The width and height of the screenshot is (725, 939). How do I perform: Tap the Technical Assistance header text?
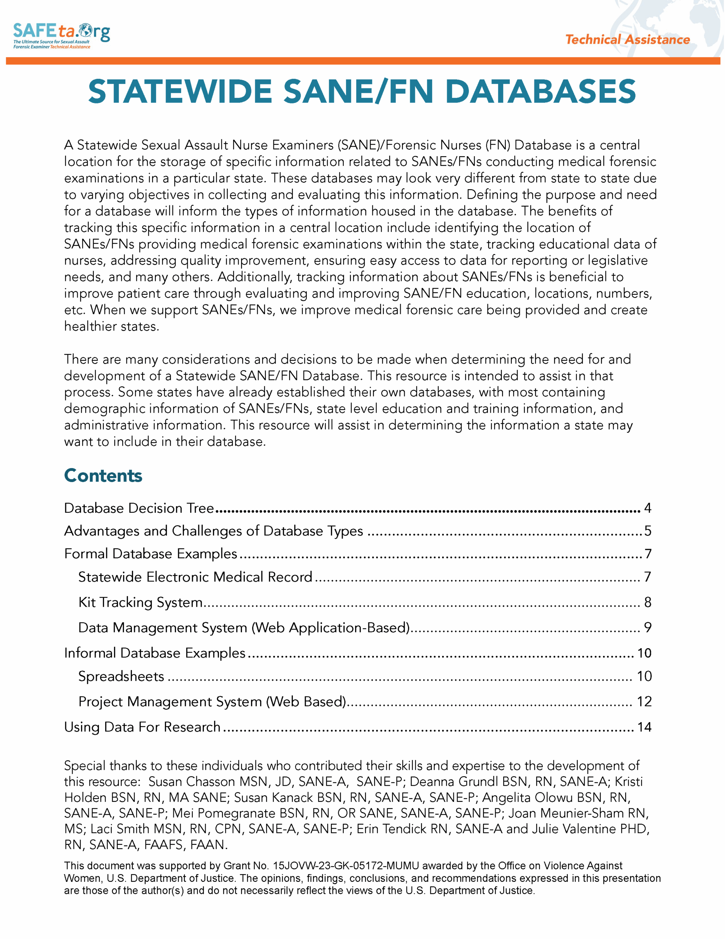[627, 40]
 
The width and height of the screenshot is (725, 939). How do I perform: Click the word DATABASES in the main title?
[540, 92]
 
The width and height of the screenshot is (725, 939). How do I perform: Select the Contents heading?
[103, 475]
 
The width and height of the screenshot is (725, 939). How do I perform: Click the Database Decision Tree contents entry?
[139, 508]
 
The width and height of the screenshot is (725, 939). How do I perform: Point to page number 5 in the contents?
[648, 531]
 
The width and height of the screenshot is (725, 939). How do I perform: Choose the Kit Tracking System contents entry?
[140, 602]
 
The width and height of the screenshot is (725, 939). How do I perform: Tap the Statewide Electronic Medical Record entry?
[195, 577]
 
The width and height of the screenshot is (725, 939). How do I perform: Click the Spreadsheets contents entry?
[121, 676]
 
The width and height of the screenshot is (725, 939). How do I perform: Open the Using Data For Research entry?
[142, 727]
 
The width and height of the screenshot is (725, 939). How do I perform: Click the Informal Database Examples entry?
[155, 653]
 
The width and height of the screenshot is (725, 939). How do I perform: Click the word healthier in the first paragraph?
[90, 326]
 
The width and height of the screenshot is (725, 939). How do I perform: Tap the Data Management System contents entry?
[244, 628]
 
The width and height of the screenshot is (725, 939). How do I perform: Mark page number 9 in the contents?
[648, 628]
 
